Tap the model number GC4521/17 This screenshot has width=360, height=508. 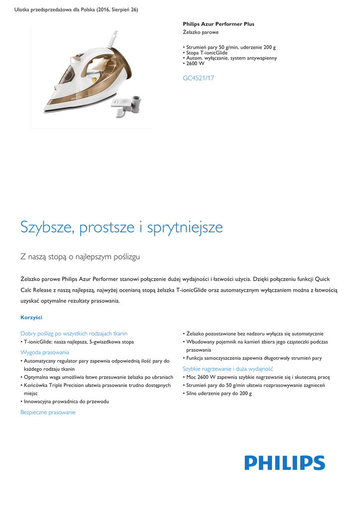199,78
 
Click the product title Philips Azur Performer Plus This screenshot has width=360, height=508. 218,24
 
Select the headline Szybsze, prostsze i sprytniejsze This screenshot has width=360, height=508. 122,227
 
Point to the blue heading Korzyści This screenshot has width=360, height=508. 31,317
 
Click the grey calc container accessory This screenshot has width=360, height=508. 126,105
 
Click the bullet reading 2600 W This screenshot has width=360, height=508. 195,63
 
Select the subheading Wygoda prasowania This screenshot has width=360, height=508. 45,352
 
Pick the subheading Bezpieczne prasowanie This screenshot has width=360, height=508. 48,412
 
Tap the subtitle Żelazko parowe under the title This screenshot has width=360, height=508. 197,32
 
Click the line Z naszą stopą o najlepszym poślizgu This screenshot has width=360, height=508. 80,256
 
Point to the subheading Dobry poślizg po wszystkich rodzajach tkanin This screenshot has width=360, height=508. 74,333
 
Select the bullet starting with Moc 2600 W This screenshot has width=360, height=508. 258,377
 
